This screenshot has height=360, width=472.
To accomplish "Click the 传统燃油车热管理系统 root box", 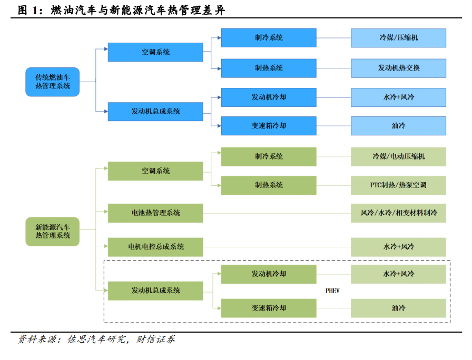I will coord(52,82).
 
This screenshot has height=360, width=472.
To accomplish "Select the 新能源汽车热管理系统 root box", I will coord(52,232).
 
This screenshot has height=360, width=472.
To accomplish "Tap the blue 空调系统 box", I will coord(155,52).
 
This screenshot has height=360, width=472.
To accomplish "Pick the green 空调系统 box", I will coord(155,171).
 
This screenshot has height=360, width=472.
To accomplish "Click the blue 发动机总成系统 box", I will coord(155,112).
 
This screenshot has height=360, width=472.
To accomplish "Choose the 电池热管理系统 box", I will coord(155,213).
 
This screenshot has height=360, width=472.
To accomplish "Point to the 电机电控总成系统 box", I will coord(155,247).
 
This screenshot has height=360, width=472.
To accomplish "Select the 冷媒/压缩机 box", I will coord(398,38).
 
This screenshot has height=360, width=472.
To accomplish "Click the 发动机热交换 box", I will coord(398,68).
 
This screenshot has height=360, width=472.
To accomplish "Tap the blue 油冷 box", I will coord(398,126).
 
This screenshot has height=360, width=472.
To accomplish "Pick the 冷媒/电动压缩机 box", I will coord(398,156).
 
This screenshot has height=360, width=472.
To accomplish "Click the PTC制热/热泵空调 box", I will coord(398,185).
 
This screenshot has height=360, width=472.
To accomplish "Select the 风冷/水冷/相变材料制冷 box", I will coord(398,213).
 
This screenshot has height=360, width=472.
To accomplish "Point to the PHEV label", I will coord(333,291).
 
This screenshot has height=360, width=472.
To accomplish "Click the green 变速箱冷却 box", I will coord(269,308).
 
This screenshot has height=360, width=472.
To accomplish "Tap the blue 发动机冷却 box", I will coord(269,97).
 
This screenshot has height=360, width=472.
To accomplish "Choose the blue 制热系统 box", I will coord(269,68).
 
